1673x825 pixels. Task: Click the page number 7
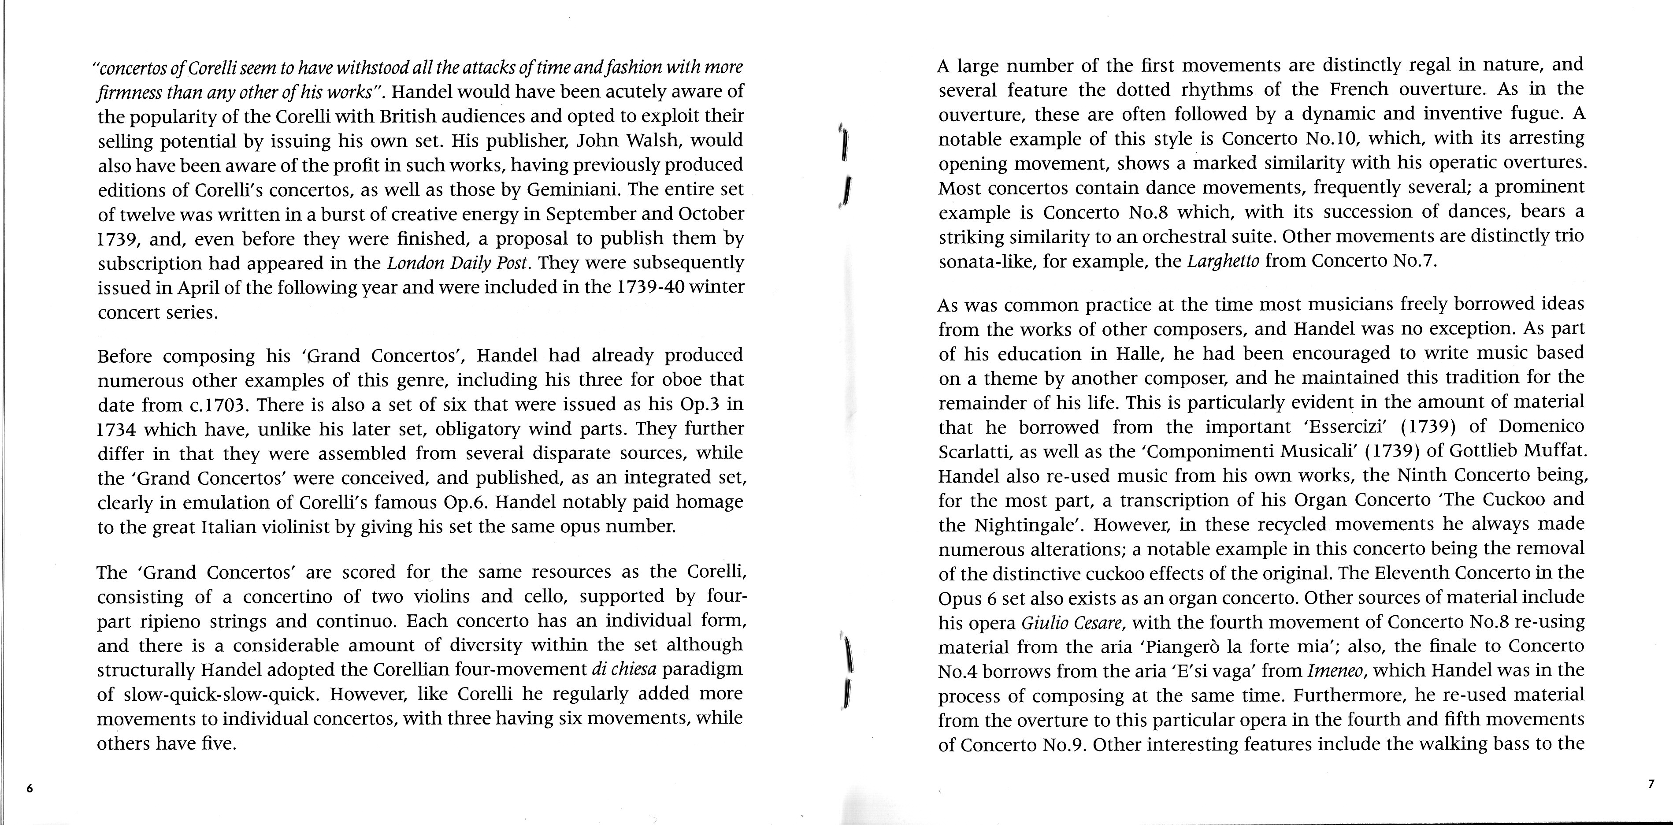tap(1651, 784)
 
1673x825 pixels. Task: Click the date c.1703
tap(218, 405)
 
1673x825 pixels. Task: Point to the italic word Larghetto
tap(1223, 262)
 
